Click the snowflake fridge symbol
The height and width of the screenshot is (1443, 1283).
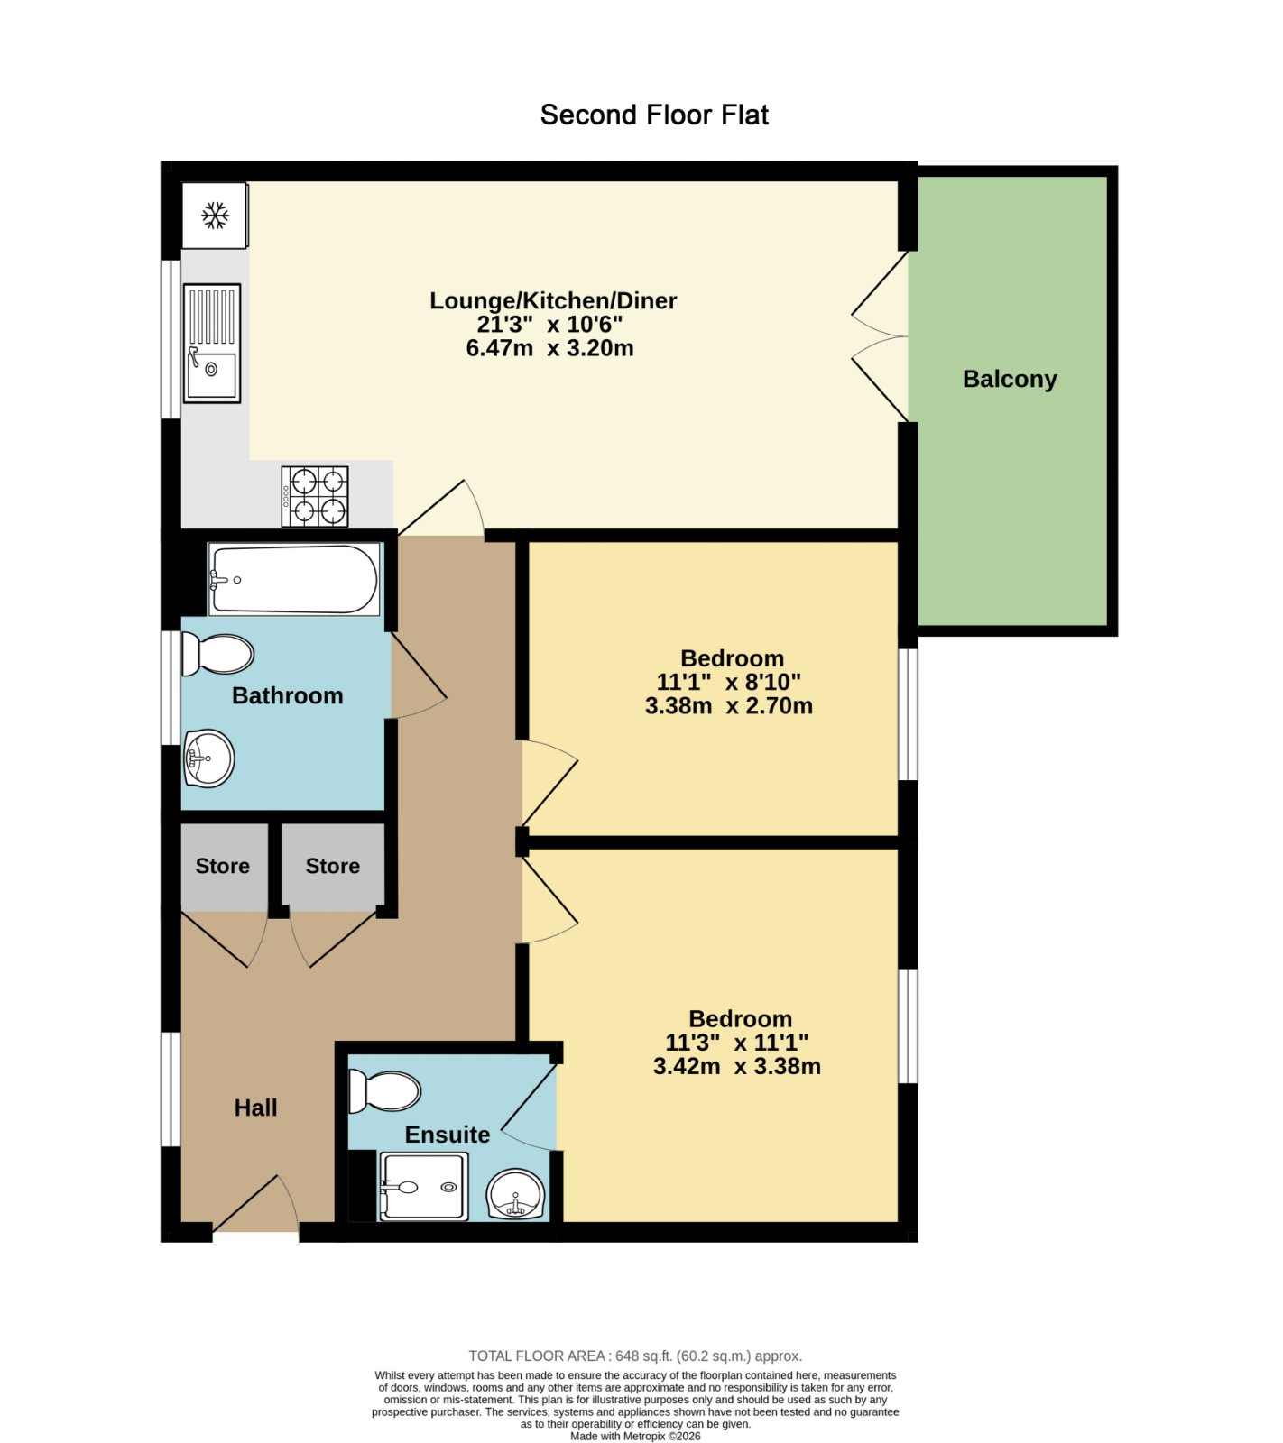215,216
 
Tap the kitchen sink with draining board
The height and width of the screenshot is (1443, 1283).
212,343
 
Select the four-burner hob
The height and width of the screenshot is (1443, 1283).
315,496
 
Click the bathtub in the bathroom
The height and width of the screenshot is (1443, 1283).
294,579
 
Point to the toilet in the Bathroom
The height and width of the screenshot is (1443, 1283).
217,655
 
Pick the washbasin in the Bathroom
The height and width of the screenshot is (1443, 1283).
208,758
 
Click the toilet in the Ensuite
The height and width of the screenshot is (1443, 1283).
384,1091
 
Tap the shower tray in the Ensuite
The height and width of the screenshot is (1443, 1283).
423,1187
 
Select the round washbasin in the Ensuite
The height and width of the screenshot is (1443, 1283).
516,1195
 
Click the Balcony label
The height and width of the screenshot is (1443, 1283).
1010,379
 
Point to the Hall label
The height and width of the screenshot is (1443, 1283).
256,1108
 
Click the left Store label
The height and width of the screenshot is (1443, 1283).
223,866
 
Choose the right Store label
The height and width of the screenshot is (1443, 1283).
333,866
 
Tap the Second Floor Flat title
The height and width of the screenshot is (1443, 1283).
654,115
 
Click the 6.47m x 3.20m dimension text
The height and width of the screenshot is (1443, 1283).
550,348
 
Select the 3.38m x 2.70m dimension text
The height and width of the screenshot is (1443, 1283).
729,706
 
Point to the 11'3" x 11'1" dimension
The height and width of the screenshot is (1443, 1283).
737,1043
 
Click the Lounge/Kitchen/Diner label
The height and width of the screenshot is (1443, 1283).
553,300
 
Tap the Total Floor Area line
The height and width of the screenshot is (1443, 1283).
635,1356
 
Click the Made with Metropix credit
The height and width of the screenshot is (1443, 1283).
635,1436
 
